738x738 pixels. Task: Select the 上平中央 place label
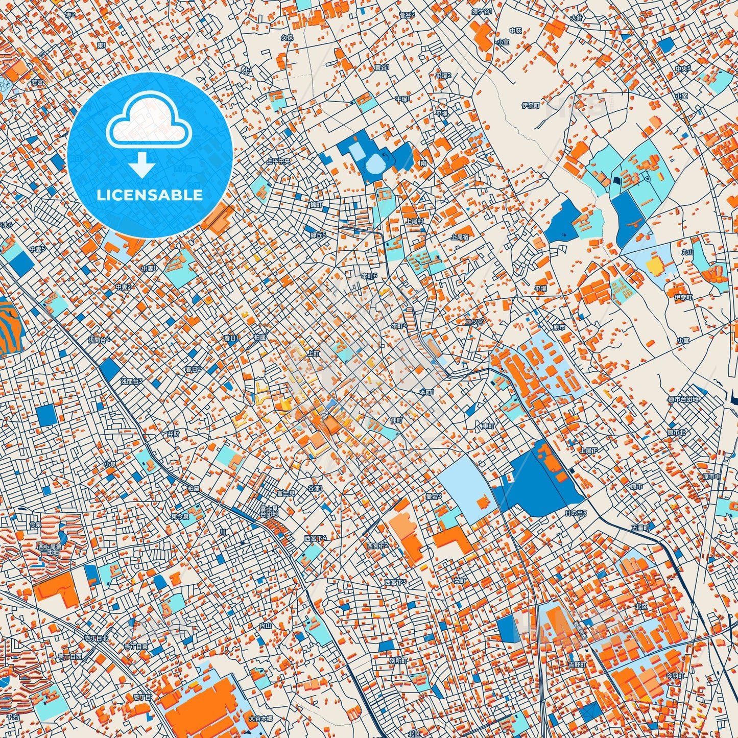point(279,161)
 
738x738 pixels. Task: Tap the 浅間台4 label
point(99,340)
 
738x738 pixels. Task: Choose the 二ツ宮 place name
point(474,322)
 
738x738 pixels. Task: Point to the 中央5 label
point(683,68)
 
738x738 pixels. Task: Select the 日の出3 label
point(576,513)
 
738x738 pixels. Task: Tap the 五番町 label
point(640,528)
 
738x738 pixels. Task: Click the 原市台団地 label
point(682,399)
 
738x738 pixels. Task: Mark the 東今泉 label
point(179,516)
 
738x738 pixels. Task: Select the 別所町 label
point(398,660)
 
